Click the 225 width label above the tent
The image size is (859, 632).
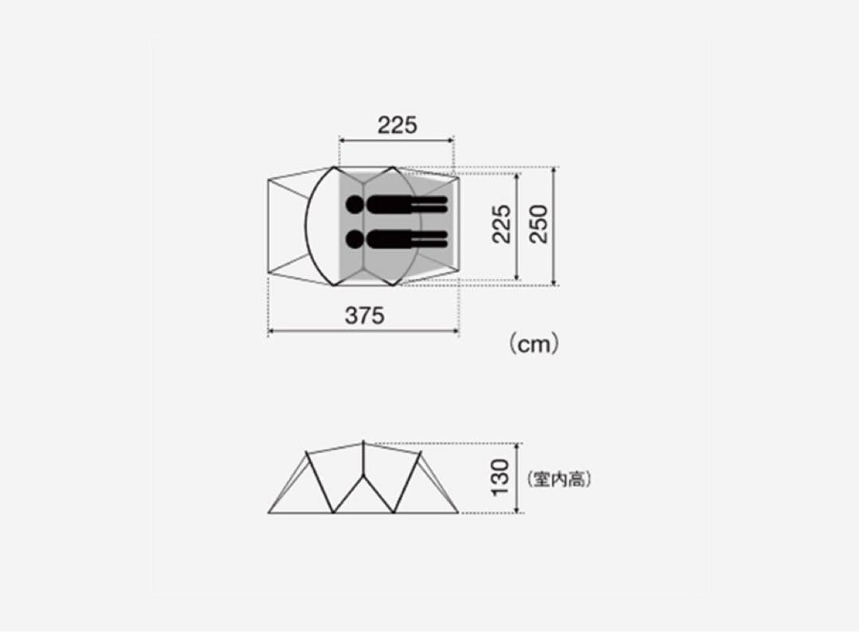(x=397, y=125)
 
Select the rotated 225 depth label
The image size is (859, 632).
(x=502, y=224)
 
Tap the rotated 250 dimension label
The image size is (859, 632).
(x=539, y=224)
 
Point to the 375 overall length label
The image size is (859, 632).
(x=364, y=316)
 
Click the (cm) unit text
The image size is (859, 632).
(x=534, y=343)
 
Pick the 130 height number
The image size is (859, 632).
(x=500, y=478)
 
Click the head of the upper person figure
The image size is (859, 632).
(x=355, y=206)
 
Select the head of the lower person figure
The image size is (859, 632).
(x=355, y=238)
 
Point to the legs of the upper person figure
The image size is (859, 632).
(x=429, y=206)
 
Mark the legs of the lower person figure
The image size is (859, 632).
(x=429, y=238)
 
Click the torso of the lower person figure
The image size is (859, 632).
(x=390, y=238)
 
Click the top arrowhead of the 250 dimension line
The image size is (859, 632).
(x=554, y=169)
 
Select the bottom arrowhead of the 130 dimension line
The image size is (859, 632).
(x=519, y=510)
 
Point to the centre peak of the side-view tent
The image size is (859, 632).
(x=363, y=442)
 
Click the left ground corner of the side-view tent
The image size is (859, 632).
(x=269, y=513)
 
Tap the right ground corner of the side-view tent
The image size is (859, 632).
(x=459, y=513)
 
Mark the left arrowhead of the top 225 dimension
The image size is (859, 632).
(x=342, y=140)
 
